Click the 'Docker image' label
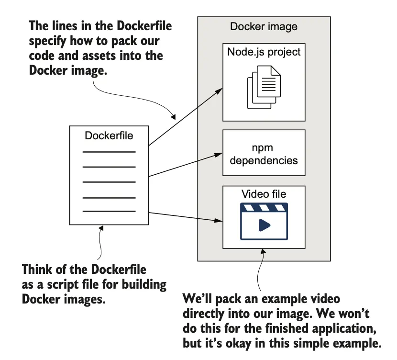(x=264, y=26)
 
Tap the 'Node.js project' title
(x=264, y=51)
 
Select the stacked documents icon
(x=264, y=86)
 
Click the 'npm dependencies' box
(x=264, y=153)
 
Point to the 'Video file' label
(x=264, y=194)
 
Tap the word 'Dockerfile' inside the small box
(x=109, y=135)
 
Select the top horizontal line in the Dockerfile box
(x=109, y=152)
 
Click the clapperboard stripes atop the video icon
(x=264, y=207)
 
